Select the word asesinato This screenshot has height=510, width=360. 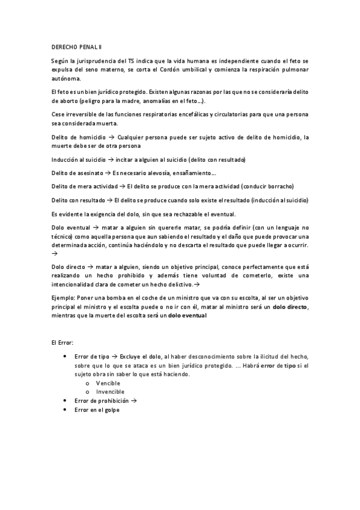click(x=88, y=173)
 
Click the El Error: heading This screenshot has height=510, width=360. click(x=63, y=342)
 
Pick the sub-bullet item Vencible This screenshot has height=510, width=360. click(x=108, y=383)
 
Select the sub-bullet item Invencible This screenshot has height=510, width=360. click(x=111, y=392)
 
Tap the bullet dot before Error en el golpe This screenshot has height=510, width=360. click(x=64, y=409)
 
